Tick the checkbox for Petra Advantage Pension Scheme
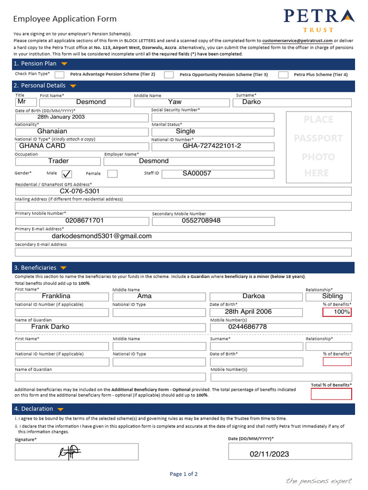pos(59,75)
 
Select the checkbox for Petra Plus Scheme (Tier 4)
pos(283,75)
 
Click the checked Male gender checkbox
pos(67,174)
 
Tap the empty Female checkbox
pos(112,174)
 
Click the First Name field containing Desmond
pos(91,102)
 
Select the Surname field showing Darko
pos(252,102)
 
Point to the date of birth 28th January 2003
pos(61,117)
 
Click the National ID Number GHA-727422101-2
pos(212,146)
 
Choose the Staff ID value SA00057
pos(196,173)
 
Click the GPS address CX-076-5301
pos(80,191)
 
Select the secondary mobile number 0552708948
pos(201,221)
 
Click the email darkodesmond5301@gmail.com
pos(102,236)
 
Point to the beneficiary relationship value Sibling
pos(332,296)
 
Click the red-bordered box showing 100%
pos(337,312)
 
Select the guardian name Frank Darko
pos(50,327)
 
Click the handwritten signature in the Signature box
pos(69,451)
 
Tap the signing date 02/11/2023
pos(269,454)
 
